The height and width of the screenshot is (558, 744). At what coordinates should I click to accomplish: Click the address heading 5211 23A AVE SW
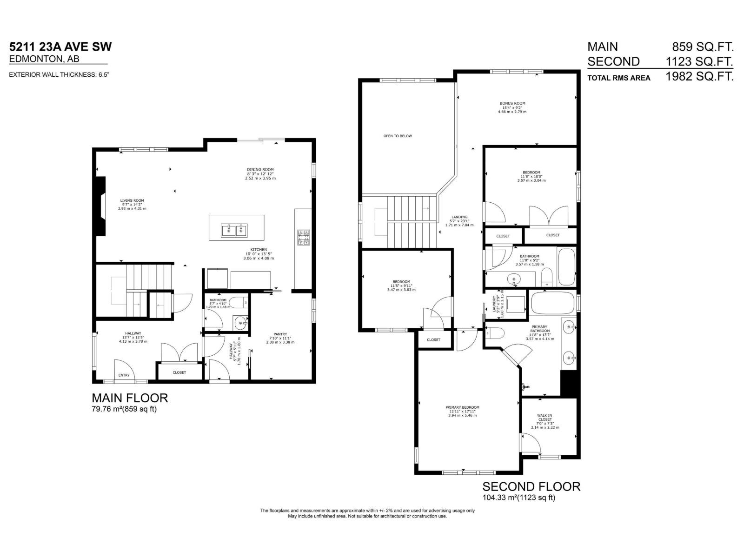click(x=60, y=47)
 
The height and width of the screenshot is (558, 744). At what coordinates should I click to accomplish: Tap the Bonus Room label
click(x=512, y=104)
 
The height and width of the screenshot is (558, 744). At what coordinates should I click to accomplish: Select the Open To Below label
click(x=398, y=136)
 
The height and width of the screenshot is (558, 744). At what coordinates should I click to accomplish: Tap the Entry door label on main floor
click(x=124, y=375)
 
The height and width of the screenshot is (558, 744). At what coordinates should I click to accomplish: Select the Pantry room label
click(x=280, y=334)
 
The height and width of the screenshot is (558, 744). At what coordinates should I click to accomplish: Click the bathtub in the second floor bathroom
click(x=566, y=267)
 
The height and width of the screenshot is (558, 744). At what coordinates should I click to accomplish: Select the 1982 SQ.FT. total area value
click(x=699, y=77)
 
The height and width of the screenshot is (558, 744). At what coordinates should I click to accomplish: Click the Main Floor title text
click(x=130, y=398)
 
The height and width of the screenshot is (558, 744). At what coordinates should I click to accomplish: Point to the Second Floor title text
click(x=531, y=487)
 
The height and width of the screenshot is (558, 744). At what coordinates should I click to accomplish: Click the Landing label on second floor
click(x=459, y=217)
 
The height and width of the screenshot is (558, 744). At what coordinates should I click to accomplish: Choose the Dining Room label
click(x=260, y=170)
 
